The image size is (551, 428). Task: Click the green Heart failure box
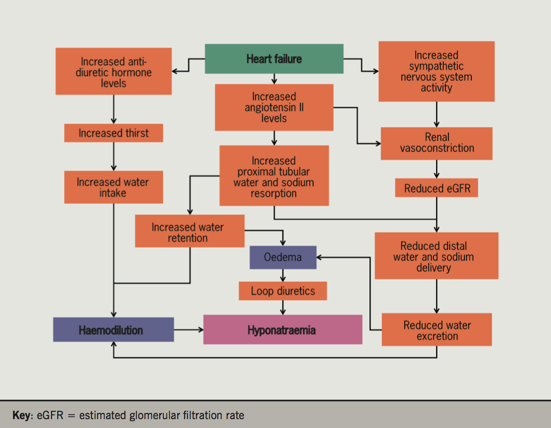click(x=274, y=59)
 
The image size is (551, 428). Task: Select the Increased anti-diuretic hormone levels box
click(x=113, y=71)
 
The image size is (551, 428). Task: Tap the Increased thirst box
click(x=113, y=133)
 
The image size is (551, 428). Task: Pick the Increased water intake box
click(x=113, y=187)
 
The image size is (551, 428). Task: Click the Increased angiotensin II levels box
click(x=274, y=107)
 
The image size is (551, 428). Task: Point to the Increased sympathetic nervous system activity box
click(x=436, y=71)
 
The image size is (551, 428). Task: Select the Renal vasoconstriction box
click(x=436, y=143)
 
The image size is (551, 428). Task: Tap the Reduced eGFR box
click(x=436, y=188)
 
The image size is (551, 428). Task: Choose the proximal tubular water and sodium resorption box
click(x=274, y=175)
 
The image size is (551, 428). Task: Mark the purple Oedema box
click(x=283, y=257)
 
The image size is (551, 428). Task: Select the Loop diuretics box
click(x=283, y=291)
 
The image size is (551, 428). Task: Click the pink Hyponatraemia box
click(x=283, y=330)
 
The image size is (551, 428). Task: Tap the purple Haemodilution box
click(x=113, y=330)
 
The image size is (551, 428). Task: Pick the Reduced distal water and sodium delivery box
click(x=436, y=256)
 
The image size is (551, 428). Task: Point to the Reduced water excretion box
click(x=436, y=330)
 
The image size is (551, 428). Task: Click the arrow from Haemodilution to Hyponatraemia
click(x=188, y=330)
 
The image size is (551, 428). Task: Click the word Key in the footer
click(x=22, y=416)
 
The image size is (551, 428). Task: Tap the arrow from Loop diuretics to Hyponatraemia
click(x=283, y=307)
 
